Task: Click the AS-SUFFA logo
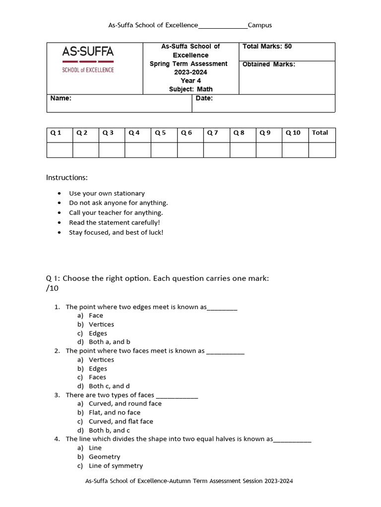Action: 88,59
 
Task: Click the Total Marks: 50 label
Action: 267,47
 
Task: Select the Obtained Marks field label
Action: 268,64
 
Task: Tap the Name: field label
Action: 61,99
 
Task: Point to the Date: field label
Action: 204,99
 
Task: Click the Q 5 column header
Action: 161,133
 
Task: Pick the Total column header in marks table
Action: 320,133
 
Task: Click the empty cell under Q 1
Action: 60,150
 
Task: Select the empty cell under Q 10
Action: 295,150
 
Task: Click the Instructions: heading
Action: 67,177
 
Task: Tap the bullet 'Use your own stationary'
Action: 107,194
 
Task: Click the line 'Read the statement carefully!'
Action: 114,223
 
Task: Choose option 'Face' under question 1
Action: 96,315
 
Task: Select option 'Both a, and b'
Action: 110,342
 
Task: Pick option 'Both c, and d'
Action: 110,386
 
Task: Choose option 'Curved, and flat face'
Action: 121,421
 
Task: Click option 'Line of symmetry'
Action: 116,466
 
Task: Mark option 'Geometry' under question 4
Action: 104,457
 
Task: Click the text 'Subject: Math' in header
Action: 190,90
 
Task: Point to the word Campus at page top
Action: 259,25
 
